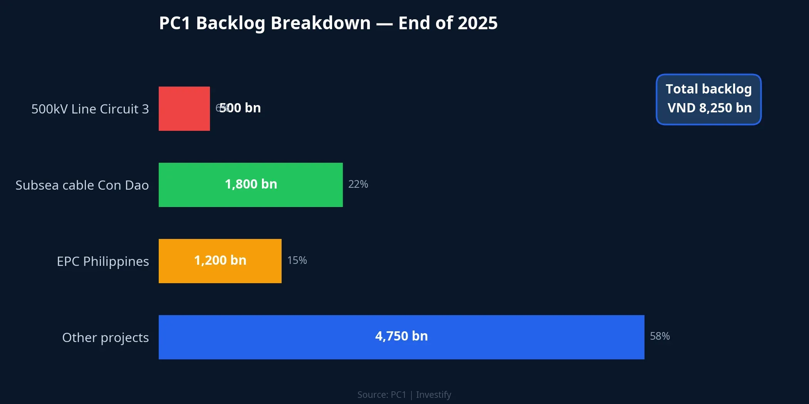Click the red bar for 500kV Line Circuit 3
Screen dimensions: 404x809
[x=184, y=109]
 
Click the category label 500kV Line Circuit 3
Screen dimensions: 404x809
[x=90, y=109]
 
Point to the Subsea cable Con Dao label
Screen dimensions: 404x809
[x=82, y=185]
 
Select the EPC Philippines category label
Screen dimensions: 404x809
[x=103, y=261]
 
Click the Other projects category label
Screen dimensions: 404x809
[x=105, y=337]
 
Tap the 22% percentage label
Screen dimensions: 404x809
[x=358, y=184]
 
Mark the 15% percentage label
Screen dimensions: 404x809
[x=297, y=260]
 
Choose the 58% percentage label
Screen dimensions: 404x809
[x=660, y=336]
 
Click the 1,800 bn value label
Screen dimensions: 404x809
[x=251, y=184]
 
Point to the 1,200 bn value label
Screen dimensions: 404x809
[x=220, y=260]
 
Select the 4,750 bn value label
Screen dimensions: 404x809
[x=401, y=336]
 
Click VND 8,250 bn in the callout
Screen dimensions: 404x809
[x=709, y=108]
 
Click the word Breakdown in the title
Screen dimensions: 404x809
[x=321, y=23]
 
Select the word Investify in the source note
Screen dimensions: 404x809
[x=433, y=395]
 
